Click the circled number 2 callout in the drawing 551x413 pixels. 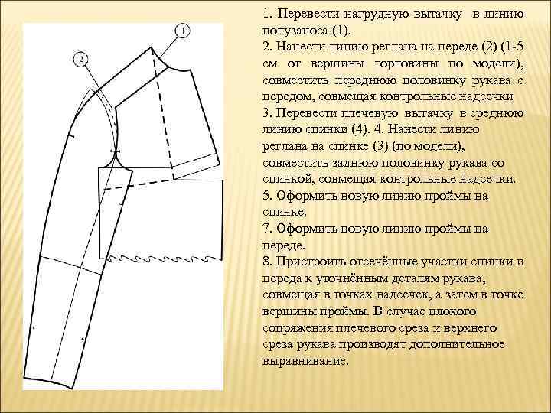[x=82, y=58]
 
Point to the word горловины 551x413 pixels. [x=416, y=64]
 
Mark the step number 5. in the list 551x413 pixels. [x=267, y=196]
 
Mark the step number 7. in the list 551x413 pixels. [x=267, y=229]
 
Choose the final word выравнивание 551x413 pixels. [x=304, y=361]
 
